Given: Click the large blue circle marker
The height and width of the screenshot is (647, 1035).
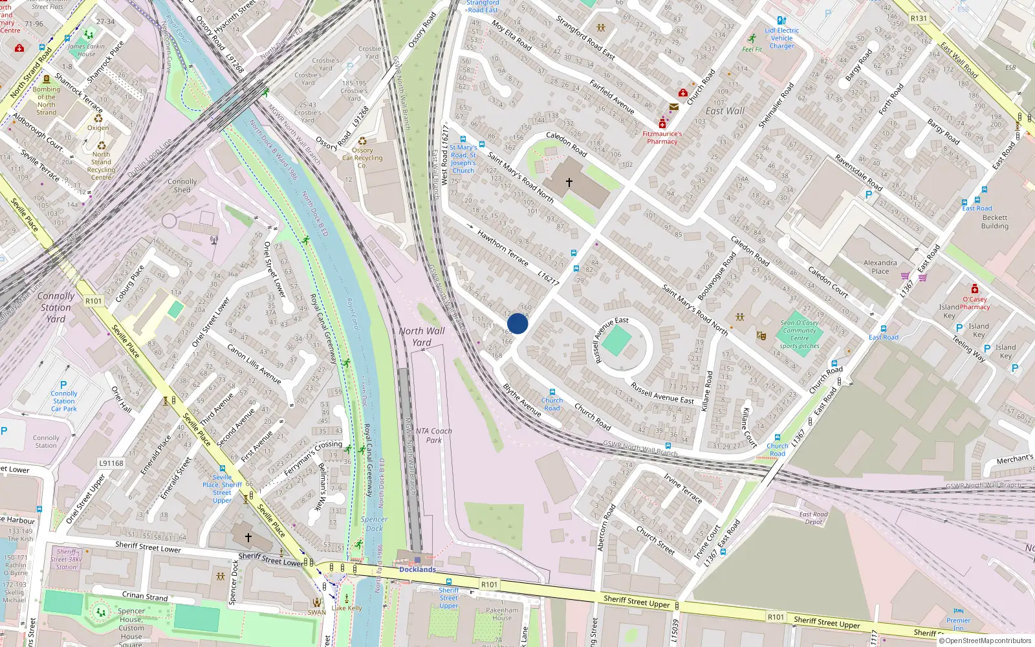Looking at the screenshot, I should point(517,323).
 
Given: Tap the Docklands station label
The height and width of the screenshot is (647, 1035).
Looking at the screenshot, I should point(417,569).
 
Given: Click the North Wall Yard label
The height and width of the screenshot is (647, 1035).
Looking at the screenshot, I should point(422,336).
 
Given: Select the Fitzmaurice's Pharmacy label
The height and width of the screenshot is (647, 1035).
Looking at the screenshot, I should point(662,138).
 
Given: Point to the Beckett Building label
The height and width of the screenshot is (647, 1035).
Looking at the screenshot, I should point(994,222).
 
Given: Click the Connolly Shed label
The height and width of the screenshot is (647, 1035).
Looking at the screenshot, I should point(182,186).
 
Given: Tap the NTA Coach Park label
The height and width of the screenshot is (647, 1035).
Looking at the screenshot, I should point(434,435).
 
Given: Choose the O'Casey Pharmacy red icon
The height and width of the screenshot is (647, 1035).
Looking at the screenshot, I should point(974,289).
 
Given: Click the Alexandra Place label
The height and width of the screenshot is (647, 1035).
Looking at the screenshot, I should point(880,267).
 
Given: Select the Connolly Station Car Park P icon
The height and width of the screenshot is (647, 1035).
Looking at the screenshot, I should point(63,385).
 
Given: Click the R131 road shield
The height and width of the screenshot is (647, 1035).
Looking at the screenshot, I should point(919,18).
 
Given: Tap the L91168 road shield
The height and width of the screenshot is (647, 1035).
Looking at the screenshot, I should point(111,463).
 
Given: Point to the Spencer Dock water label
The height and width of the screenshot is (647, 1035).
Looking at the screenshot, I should point(375,523).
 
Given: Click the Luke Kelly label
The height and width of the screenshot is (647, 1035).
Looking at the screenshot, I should point(347,608).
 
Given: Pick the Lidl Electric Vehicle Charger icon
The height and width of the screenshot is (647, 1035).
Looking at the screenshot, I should point(781,21).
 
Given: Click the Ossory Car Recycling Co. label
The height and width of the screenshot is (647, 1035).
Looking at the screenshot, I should point(362,157).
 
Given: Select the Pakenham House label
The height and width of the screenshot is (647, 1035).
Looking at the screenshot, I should point(502,613).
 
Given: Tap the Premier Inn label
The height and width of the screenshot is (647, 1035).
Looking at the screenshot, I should point(958,624).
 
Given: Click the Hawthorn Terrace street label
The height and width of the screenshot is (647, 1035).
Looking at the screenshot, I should point(503,248).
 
